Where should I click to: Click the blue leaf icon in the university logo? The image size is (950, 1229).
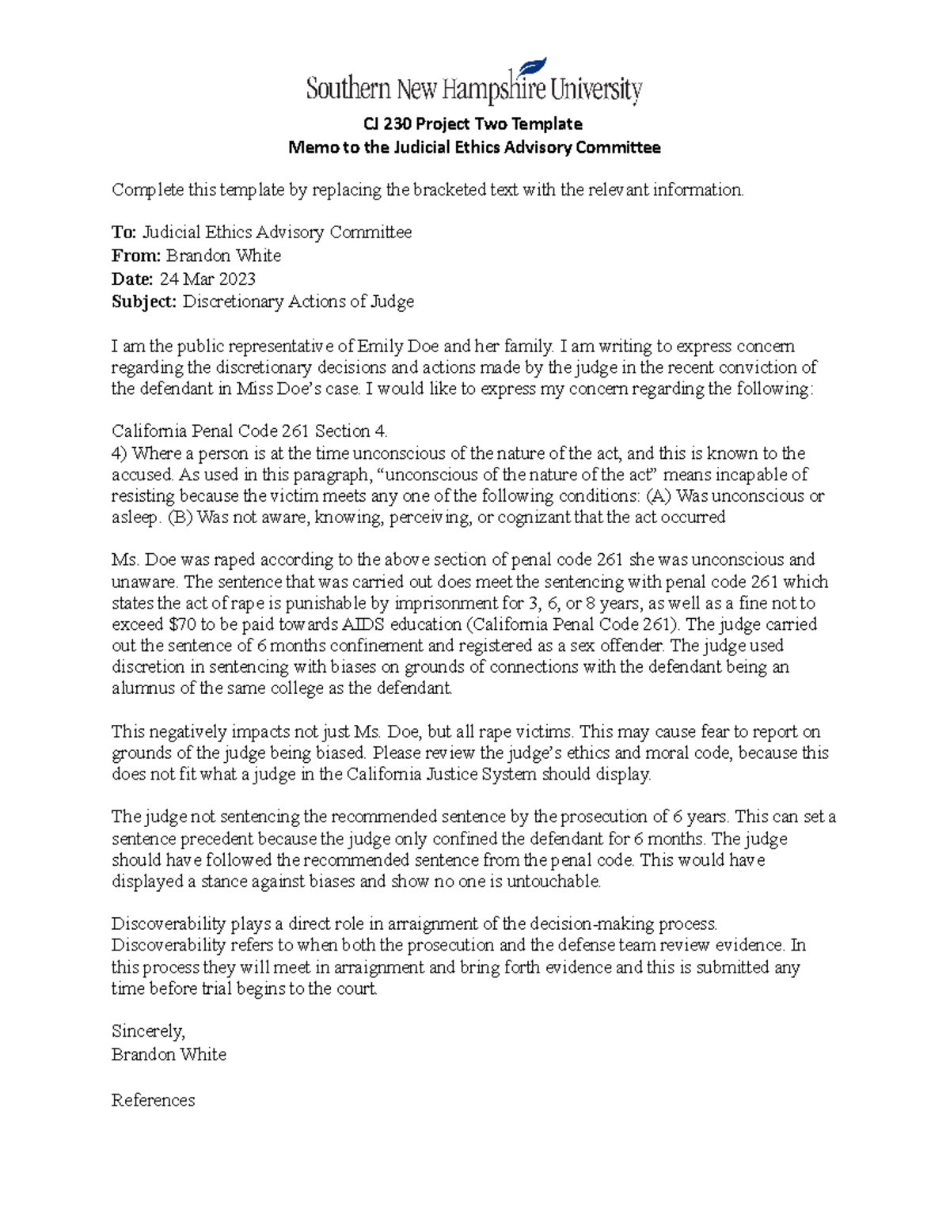point(534,69)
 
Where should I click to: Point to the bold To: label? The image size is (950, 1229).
point(124,232)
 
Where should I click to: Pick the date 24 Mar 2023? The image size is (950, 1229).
point(207,279)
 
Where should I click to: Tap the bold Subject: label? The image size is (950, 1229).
point(144,302)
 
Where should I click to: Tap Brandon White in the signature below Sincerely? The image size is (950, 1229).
point(169,1054)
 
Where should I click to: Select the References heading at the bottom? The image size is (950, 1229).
point(153,1100)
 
